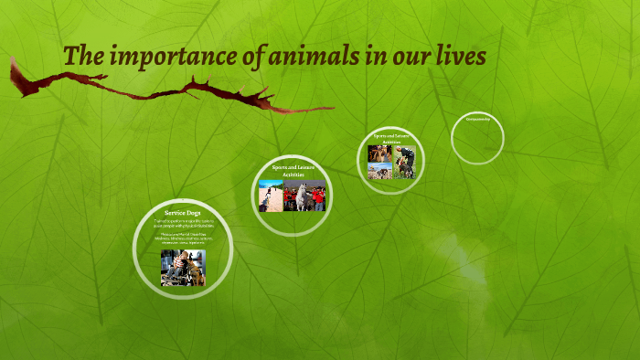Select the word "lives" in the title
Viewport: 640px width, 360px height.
pyautogui.click(x=461, y=56)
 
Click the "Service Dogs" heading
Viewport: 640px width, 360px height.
pyautogui.click(x=183, y=213)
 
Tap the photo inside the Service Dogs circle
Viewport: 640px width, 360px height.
pyautogui.click(x=183, y=267)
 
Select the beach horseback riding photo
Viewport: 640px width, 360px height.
pyautogui.click(x=271, y=196)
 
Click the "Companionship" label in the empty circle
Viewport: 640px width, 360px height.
pyautogui.click(x=477, y=119)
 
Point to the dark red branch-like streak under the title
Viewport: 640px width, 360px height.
pyautogui.click(x=165, y=91)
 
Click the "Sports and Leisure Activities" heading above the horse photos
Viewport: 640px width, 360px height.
pyautogui.click(x=292, y=171)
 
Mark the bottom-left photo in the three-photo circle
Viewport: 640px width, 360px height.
pyautogui.click(x=379, y=170)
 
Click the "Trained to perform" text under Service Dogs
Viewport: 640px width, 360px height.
pyautogui.click(x=183, y=223)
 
